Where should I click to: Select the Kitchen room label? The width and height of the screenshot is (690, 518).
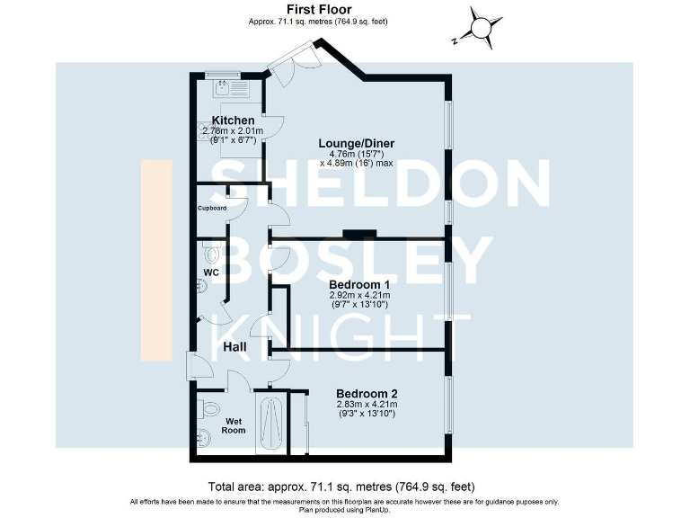point(233,121)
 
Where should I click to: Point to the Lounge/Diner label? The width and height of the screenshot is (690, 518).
point(357,143)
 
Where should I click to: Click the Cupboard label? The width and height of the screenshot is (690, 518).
point(212,209)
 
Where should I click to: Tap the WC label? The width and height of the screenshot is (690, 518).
point(211,272)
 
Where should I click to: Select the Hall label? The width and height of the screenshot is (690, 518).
point(235,347)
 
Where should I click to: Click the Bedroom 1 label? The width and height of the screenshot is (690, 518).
point(359,282)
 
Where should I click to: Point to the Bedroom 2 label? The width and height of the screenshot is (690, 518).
point(367,394)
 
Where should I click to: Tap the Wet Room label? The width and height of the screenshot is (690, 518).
point(234,425)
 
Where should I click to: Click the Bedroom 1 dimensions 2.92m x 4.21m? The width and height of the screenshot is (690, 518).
point(359,295)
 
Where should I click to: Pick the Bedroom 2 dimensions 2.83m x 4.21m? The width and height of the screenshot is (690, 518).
point(367,406)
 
